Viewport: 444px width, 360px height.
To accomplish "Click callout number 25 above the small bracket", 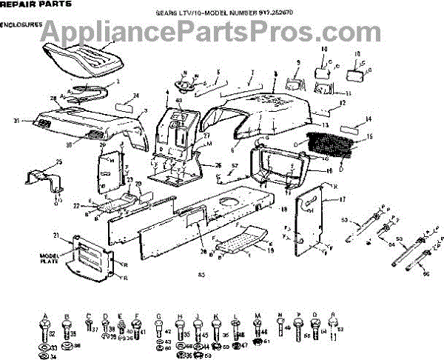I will [x=38, y=161].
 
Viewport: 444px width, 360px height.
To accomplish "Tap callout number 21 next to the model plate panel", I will [x=55, y=235].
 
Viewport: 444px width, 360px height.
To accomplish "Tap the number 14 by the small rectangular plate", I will [x=369, y=119].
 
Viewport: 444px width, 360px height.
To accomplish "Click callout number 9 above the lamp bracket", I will [x=298, y=62].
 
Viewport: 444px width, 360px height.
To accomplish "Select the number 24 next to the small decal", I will [x=136, y=96].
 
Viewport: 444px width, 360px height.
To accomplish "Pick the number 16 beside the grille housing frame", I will [x=329, y=170].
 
